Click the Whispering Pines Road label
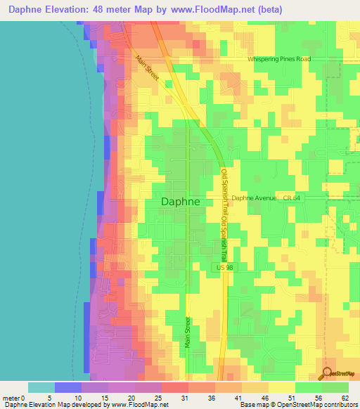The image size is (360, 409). pos(278,59)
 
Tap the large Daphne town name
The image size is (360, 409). pos(181,201)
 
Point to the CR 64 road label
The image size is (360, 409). pos(292,198)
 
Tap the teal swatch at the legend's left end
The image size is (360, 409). pos(41,387)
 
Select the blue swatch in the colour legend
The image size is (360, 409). pos(68,387)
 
